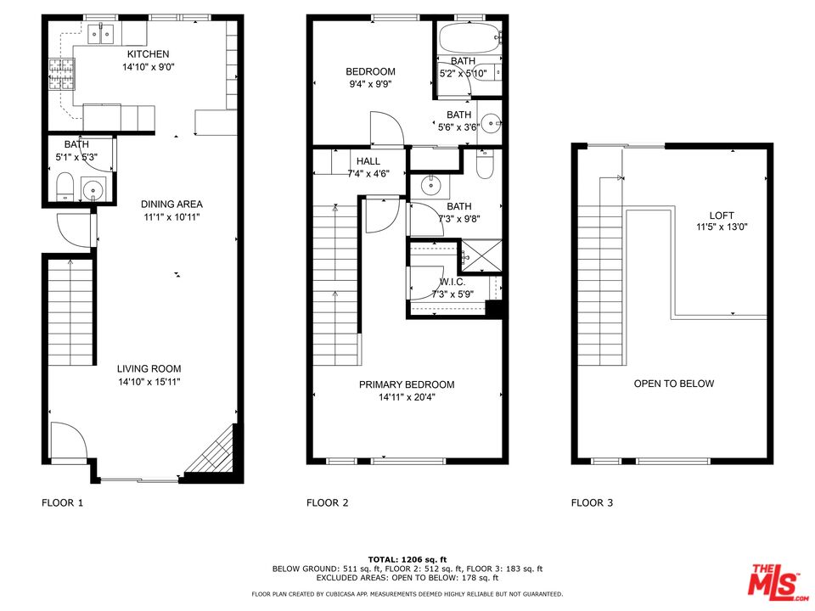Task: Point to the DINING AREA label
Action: coord(171,205)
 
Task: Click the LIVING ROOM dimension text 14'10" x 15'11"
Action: coord(149,382)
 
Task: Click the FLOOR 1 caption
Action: coord(63,502)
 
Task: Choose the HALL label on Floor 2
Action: coord(368,161)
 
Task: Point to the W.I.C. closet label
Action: coord(452,282)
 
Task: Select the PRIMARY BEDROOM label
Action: coord(407,384)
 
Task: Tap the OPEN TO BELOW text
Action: coord(674,384)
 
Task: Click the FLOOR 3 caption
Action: coord(592,502)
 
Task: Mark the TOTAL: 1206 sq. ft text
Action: coord(407,559)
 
